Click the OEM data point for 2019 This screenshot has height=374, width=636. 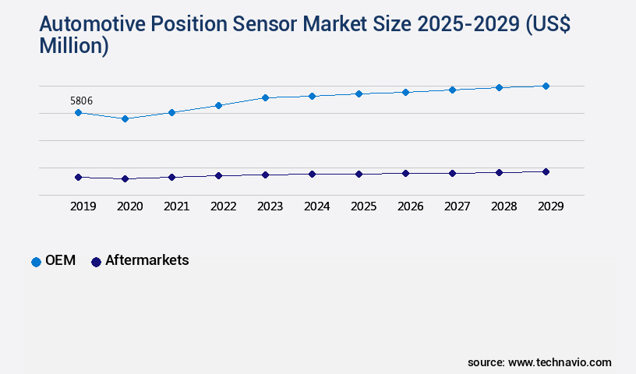(x=78, y=112)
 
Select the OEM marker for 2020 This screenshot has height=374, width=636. (x=125, y=118)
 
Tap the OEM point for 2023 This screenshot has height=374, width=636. (x=265, y=97)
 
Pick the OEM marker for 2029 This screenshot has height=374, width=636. (x=546, y=86)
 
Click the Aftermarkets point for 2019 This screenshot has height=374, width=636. (x=78, y=177)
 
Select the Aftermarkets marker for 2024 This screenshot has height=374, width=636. (x=312, y=174)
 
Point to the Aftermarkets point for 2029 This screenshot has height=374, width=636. (x=546, y=171)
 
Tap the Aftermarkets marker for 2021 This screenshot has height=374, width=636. (x=171, y=177)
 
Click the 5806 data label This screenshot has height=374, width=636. (x=82, y=101)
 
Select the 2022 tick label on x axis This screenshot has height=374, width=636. (x=223, y=206)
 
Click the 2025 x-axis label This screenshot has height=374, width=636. (x=363, y=206)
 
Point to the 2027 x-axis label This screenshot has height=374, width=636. (x=457, y=206)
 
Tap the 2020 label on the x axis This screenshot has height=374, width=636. (x=129, y=206)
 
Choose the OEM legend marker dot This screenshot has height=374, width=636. (x=36, y=262)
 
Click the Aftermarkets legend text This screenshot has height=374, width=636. (x=147, y=260)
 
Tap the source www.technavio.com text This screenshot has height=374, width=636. (x=539, y=362)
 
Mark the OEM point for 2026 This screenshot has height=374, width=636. (x=405, y=92)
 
